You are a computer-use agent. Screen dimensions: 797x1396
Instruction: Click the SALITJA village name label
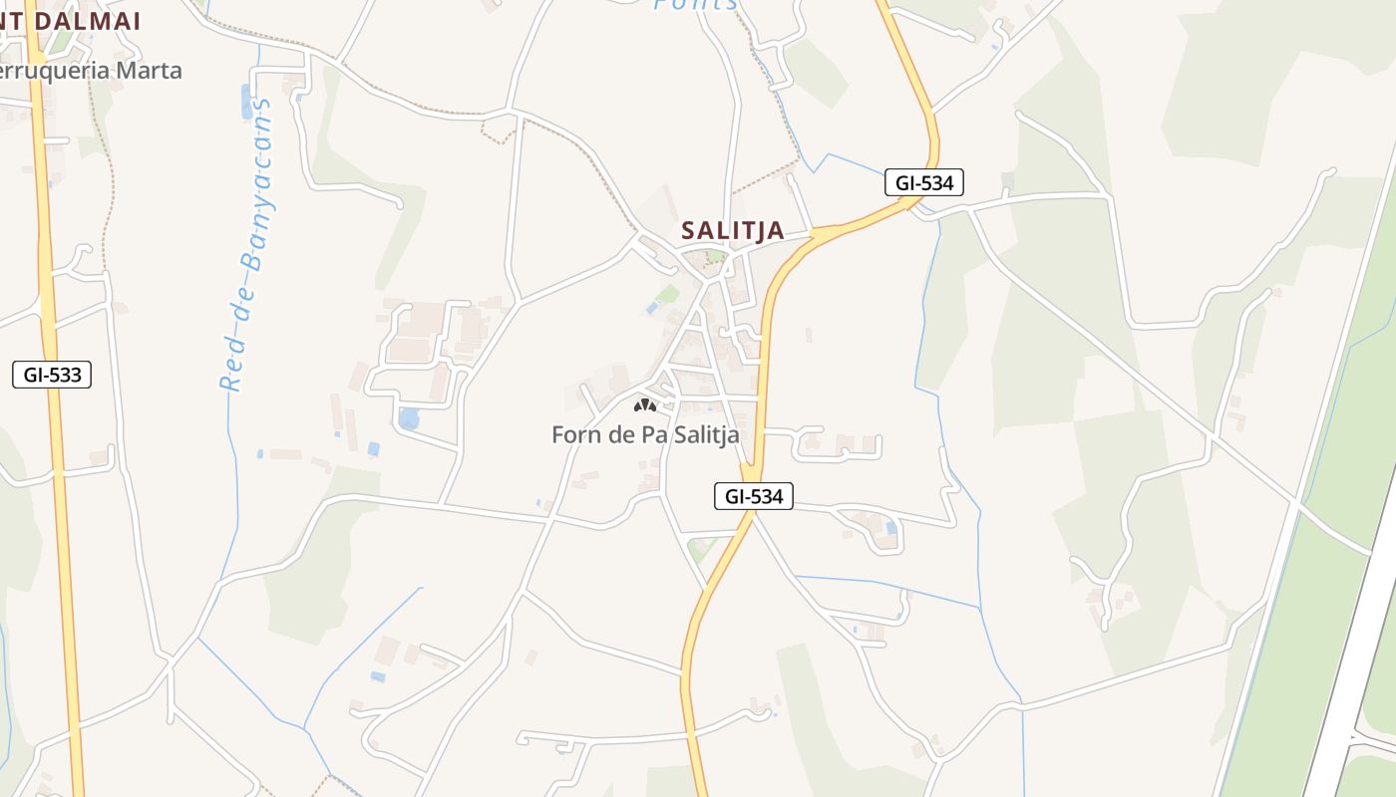pyautogui.click(x=732, y=231)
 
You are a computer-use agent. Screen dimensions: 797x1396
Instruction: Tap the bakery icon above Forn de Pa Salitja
pyautogui.click(x=645, y=405)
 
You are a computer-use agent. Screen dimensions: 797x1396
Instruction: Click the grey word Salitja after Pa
pyautogui.click(x=707, y=435)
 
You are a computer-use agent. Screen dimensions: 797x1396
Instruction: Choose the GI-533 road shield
pyautogui.click(x=52, y=376)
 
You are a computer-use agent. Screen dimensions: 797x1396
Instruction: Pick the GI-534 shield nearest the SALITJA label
pyautogui.click(x=923, y=183)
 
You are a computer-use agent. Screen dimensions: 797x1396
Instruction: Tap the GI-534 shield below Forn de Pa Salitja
pyautogui.click(x=753, y=496)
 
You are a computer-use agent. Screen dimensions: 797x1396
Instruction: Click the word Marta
pyautogui.click(x=150, y=71)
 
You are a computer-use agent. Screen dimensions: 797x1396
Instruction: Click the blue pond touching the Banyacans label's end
pyautogui.click(x=246, y=102)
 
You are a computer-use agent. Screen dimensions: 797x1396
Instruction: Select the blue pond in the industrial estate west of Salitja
pyautogui.click(x=409, y=418)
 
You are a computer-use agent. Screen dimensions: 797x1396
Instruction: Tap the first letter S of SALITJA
pyautogui.click(x=688, y=231)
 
